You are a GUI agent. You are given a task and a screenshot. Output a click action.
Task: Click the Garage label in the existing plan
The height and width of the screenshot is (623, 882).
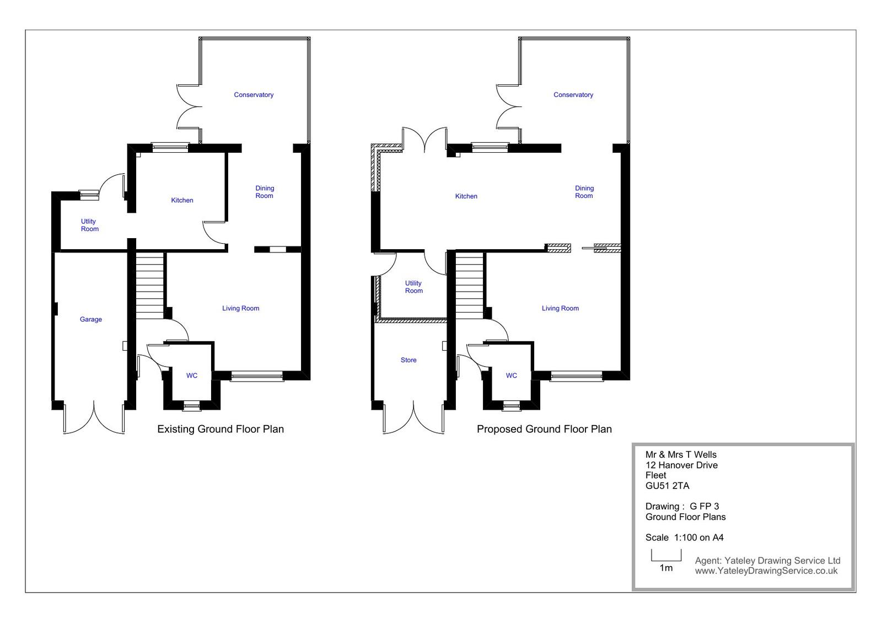(90, 319)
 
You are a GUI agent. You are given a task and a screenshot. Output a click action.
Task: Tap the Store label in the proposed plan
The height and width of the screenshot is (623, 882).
(408, 360)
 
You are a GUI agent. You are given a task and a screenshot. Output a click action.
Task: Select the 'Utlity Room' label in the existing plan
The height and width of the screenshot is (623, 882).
(89, 225)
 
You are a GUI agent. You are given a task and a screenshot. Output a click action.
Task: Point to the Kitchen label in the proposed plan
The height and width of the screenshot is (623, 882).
(466, 196)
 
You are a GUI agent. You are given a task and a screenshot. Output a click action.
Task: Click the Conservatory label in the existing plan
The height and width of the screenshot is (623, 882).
(254, 95)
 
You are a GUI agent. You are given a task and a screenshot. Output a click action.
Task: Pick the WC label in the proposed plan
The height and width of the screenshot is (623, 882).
(512, 375)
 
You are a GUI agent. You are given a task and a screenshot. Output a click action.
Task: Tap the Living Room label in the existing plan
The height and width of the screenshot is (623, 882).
(240, 308)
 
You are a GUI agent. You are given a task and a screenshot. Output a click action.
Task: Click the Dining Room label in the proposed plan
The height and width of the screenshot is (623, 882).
(584, 192)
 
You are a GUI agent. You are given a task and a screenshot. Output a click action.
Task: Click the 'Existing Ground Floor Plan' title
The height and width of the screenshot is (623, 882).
(220, 429)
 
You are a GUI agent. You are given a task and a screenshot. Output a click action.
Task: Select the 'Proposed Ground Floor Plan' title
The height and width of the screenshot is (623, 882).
(544, 429)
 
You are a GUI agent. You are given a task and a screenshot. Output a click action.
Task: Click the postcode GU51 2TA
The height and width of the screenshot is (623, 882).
(668, 486)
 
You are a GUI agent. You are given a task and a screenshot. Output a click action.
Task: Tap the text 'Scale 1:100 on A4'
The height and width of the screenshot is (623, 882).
(684, 538)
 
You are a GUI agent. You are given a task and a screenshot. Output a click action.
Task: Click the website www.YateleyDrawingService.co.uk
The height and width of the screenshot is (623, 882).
(766, 571)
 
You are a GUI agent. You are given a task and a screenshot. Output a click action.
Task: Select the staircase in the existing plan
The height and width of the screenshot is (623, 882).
(149, 286)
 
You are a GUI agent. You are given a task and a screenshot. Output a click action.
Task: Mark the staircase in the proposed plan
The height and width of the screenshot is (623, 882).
(469, 286)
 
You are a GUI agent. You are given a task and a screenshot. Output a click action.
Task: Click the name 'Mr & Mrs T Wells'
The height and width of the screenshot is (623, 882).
(681, 455)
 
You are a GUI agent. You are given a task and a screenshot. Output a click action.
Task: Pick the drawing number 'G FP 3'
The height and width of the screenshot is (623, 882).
(704, 507)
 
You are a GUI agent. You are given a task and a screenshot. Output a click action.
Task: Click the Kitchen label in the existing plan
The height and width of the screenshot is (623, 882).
(182, 201)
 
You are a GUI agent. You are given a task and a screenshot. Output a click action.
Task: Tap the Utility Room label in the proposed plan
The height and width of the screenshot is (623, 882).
(413, 287)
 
